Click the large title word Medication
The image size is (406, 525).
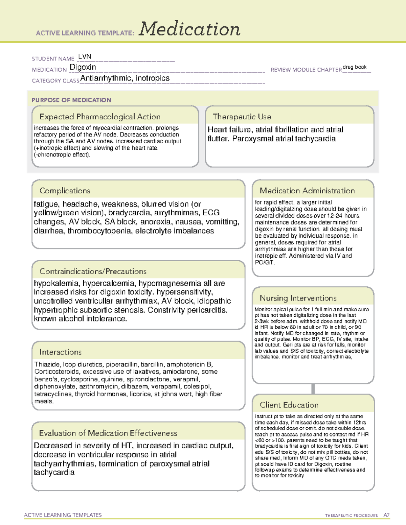[x=189, y=29]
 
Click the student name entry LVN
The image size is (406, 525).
[x=85, y=56]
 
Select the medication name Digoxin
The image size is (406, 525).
[x=83, y=67]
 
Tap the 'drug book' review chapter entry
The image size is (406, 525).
[x=355, y=67]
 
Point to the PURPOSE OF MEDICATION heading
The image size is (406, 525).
[x=71, y=100]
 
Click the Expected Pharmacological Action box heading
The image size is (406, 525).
[x=100, y=117]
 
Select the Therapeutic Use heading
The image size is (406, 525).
[x=242, y=117]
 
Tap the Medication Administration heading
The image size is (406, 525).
[x=307, y=191]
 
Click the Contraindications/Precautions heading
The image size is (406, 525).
[x=93, y=271]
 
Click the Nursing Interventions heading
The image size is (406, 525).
[x=298, y=298]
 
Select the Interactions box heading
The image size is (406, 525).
[x=61, y=352]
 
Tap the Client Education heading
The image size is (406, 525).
[x=289, y=405]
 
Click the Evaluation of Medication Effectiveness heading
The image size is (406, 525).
[x=108, y=433]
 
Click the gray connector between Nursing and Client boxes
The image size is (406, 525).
[x=313, y=389]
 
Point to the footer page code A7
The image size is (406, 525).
[x=386, y=515]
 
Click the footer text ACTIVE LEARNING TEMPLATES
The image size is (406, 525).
[x=63, y=515]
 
